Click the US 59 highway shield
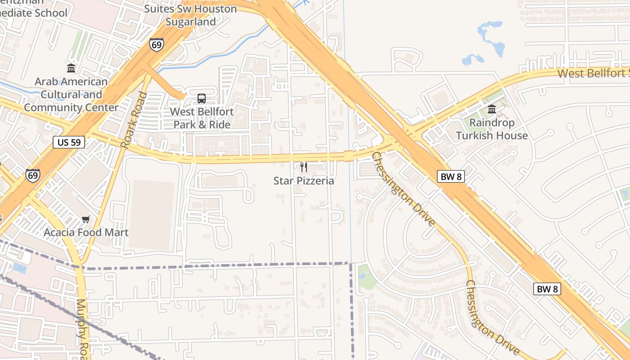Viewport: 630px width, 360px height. point(69,142)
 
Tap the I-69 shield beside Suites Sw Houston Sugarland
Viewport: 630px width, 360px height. point(157,45)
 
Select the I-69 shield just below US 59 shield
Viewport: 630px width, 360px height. point(32,175)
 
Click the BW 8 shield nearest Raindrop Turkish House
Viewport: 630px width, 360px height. point(450,177)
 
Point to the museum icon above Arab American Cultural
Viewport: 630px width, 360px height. point(71,68)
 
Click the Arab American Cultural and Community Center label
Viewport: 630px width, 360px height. point(71,94)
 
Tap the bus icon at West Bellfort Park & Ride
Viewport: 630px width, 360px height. point(201,99)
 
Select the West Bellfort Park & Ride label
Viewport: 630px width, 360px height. point(202,118)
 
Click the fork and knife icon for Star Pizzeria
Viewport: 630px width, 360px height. point(304,167)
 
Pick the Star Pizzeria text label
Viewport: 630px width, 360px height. point(304,181)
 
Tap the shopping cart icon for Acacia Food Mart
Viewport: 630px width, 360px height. point(86,219)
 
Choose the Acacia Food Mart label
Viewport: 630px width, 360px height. point(86,232)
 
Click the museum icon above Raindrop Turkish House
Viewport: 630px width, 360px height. point(492,109)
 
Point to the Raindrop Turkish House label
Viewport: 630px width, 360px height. point(492,129)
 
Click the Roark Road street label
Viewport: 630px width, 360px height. point(135,120)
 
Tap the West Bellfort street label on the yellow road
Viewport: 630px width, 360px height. point(593,73)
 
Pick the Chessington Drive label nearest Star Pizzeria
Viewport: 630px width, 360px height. point(404,189)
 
